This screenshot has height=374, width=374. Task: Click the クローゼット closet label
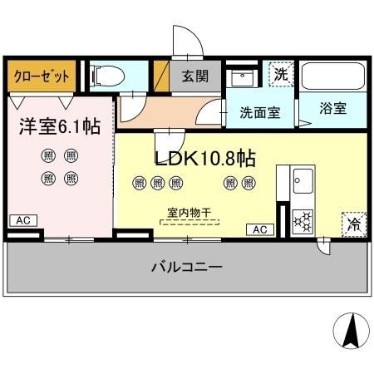[41, 76]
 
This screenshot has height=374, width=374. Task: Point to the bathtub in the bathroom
[331, 77]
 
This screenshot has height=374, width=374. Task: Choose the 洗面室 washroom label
[260, 112]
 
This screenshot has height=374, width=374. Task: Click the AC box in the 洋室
[22, 220]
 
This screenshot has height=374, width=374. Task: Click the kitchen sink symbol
[302, 180]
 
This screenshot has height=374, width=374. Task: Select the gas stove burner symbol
[303, 219]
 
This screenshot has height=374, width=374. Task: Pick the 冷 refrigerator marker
[352, 223]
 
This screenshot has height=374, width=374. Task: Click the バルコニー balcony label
[185, 268]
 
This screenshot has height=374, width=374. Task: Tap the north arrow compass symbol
[352, 332]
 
